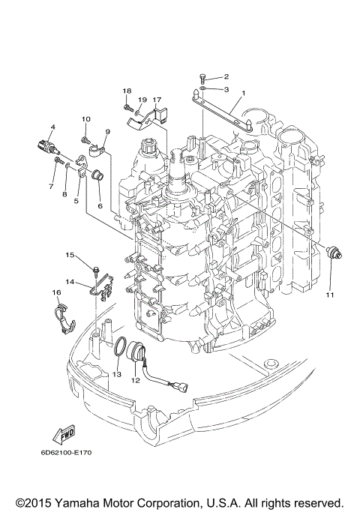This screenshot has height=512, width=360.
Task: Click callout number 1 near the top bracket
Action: pos(242,94)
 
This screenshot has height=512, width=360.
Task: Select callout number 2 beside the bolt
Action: pos(226,76)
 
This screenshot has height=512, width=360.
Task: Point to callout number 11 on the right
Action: pos(328,295)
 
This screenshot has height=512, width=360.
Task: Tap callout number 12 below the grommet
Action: pos(135,380)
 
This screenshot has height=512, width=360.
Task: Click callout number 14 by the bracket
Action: pos(68,282)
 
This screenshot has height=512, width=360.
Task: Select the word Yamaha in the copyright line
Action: pos(91,502)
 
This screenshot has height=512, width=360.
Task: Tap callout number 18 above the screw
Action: pos(127,91)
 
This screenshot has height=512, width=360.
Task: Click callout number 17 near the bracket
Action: pos(157,100)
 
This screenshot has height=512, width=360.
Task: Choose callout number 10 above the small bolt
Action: pos(85,118)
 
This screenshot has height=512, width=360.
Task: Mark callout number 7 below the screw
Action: pos(52,185)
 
